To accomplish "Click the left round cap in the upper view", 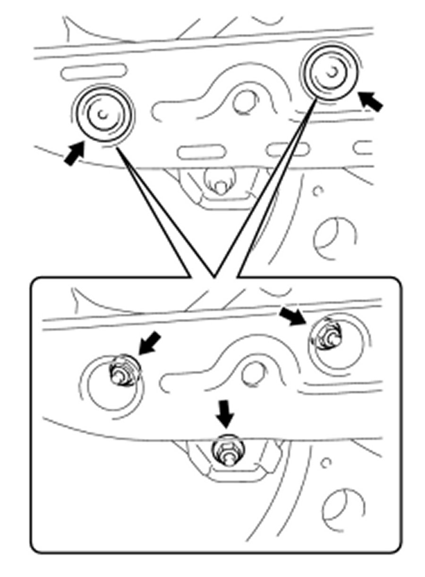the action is click(x=103, y=114).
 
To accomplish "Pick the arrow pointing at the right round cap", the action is click(x=370, y=100).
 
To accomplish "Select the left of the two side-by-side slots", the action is click(x=200, y=153).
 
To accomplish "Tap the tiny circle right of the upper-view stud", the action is click(x=319, y=192).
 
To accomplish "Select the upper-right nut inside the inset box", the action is click(x=328, y=333).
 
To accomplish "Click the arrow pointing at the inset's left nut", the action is click(x=150, y=343).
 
